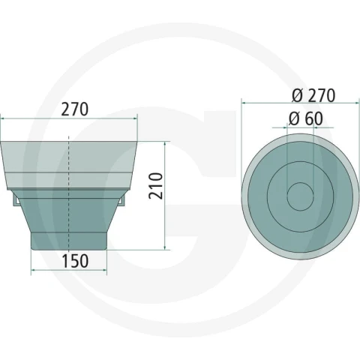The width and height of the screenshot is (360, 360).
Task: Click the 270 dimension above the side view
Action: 75,109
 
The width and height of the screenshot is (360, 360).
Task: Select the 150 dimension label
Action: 75,261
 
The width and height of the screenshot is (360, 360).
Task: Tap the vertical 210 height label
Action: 155,186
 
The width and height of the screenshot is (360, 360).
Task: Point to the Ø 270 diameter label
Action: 313,95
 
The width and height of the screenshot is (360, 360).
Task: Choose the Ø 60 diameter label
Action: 306,118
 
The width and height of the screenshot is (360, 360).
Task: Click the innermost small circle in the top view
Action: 300,196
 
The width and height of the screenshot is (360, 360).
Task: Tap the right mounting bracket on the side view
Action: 121,201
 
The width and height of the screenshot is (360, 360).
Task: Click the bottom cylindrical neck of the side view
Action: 69,241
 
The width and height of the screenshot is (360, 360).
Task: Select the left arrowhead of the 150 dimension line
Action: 33,270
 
